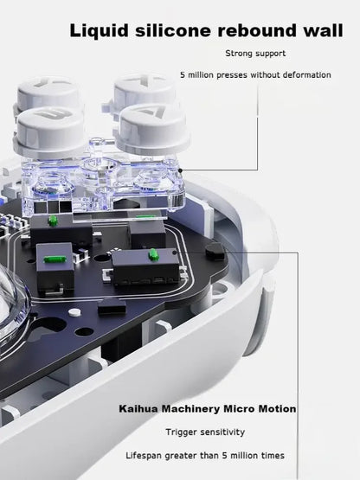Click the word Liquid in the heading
(99, 31)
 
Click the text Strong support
(255, 54)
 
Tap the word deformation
(307, 75)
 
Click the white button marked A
(151, 129)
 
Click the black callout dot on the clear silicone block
(181, 170)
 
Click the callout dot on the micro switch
(174, 253)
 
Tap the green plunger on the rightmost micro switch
(153, 254)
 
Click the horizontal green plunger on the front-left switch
(55, 259)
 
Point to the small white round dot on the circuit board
(74, 312)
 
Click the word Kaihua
(138, 409)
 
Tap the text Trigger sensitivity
(205, 432)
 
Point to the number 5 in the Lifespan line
(225, 456)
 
